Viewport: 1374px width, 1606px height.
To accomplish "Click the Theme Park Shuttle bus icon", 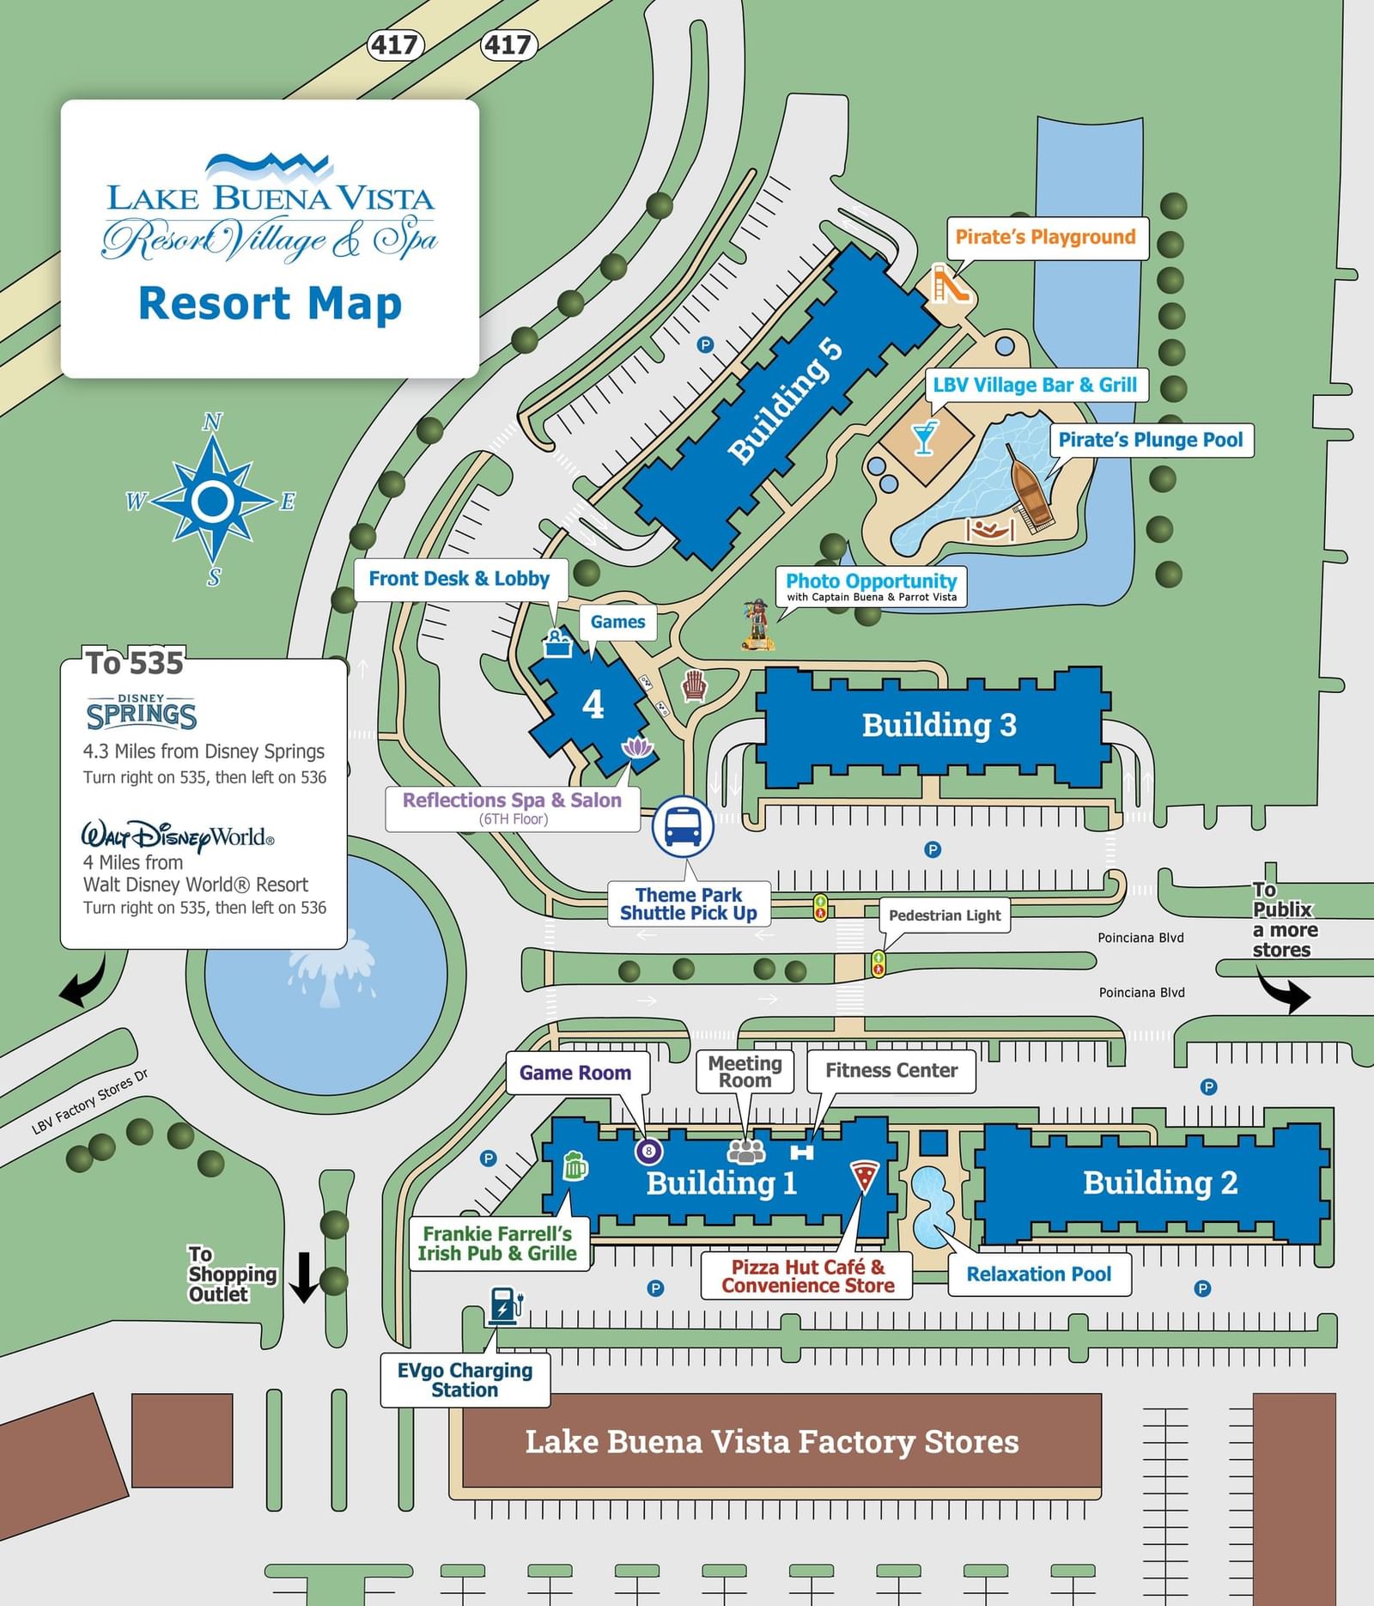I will [x=683, y=826].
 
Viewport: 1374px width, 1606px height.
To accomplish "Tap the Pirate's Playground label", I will [x=1045, y=237].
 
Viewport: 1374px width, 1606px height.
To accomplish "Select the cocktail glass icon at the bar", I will [x=924, y=437].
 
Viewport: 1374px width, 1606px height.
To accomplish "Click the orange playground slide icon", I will [x=950, y=284].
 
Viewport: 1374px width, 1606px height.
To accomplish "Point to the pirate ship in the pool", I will [x=1029, y=492].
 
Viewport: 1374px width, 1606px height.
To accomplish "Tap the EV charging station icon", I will [x=505, y=1305].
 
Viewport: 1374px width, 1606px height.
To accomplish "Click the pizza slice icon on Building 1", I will [x=864, y=1176].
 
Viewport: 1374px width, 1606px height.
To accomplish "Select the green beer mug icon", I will [x=575, y=1165].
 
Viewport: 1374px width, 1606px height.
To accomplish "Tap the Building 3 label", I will [x=939, y=725].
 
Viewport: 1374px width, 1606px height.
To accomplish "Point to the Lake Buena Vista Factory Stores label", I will [x=771, y=1442].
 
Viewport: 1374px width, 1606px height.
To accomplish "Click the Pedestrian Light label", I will [x=944, y=916].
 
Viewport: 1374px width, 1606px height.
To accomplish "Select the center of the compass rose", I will [x=212, y=501].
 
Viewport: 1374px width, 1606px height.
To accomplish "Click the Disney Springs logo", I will [x=142, y=712].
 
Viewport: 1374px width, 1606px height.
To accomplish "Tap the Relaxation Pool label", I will [x=1038, y=1274].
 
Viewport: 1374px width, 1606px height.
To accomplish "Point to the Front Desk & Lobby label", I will [x=459, y=579].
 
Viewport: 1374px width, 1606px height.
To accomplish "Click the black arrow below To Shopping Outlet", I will [x=303, y=1277].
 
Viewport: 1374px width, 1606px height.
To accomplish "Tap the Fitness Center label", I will [x=891, y=1071].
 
